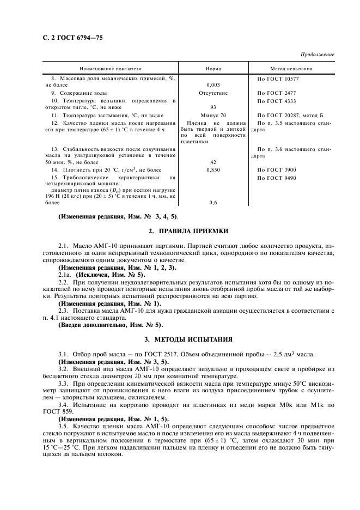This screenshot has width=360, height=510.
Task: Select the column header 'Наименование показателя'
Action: point(111,69)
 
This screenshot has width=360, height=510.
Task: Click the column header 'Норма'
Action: point(213,69)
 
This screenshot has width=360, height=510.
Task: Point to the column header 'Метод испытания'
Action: point(291,69)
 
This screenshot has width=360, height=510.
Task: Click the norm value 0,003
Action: point(213,85)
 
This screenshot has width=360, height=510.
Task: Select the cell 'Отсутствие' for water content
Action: point(213,93)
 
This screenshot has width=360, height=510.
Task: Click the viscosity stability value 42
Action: point(213,162)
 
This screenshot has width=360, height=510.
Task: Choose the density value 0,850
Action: point(213,170)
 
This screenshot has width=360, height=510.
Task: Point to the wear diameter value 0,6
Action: point(213,203)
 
